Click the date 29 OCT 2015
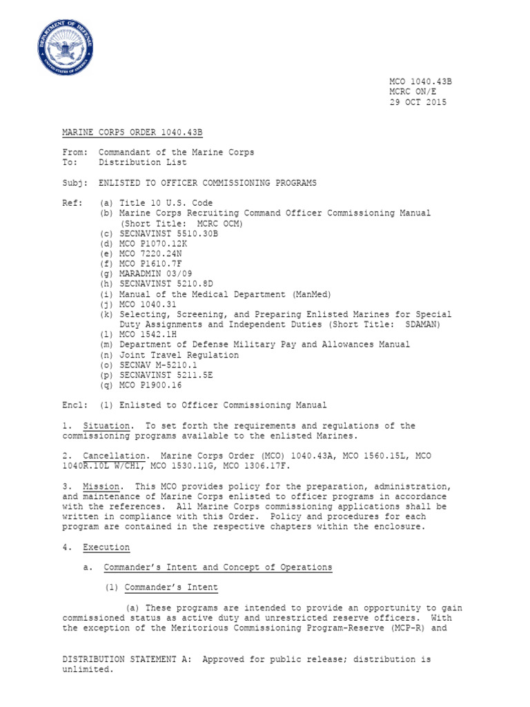(x=418, y=102)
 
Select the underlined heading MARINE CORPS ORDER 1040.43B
(x=132, y=132)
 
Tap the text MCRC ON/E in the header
(x=413, y=92)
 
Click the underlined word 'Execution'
(x=106, y=548)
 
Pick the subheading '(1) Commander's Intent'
(x=161, y=588)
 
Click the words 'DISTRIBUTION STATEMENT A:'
(x=126, y=659)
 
